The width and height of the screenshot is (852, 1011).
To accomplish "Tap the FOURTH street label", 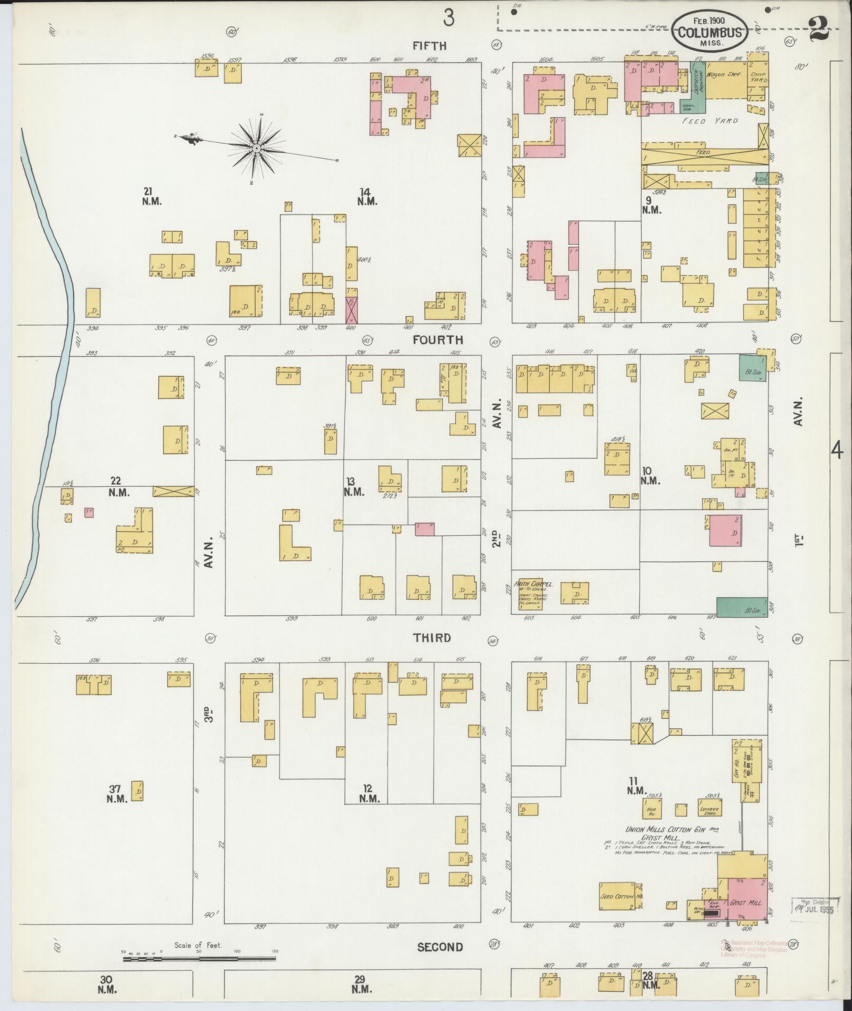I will coord(438,340).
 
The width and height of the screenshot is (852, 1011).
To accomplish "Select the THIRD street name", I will coord(432,637).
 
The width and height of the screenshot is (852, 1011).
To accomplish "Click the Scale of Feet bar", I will coord(199,958).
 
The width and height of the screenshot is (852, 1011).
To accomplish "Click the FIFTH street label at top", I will coord(429,46).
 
